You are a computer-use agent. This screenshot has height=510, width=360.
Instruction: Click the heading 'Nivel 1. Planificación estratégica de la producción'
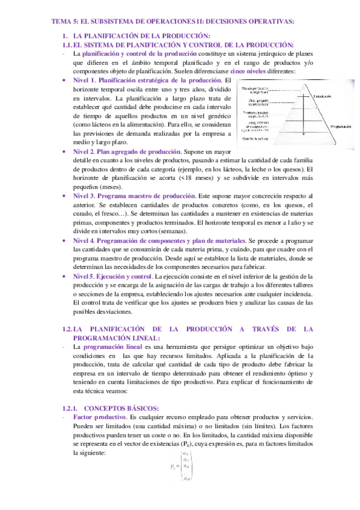coord(147,80)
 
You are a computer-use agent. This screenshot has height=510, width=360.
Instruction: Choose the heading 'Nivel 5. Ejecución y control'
coord(112,275)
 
